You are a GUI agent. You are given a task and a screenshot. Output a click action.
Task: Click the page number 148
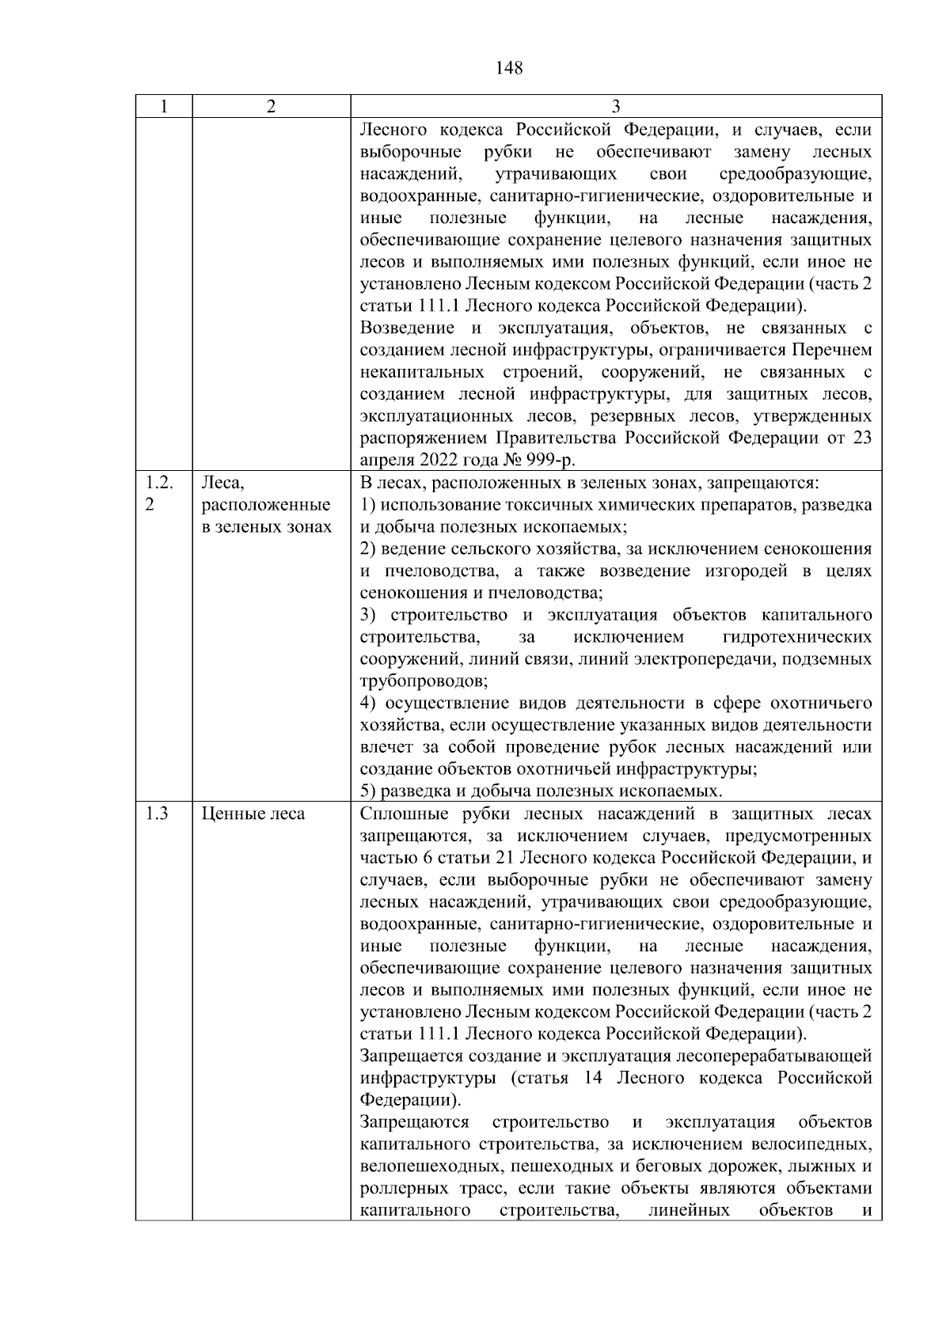(509, 68)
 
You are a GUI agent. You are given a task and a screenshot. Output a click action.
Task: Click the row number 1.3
(158, 814)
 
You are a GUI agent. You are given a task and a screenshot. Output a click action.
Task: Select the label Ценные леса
(253, 814)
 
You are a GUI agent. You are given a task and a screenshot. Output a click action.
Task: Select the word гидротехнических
(797, 637)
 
